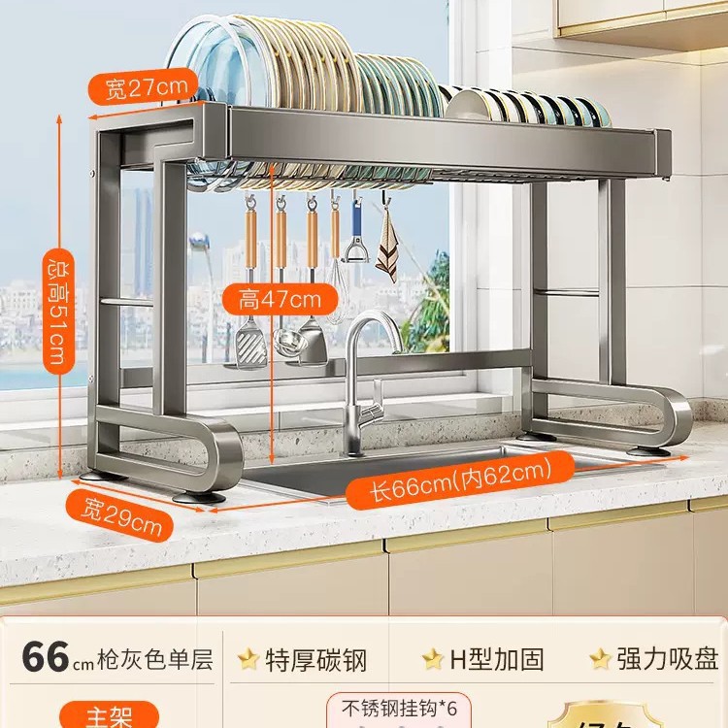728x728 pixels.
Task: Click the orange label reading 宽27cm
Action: [146, 89]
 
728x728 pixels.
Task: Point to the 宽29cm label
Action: [120, 517]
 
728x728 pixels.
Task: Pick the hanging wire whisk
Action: [335, 291]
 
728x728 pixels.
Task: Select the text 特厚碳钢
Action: [316, 660]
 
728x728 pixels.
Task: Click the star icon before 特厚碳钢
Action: [249, 660]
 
